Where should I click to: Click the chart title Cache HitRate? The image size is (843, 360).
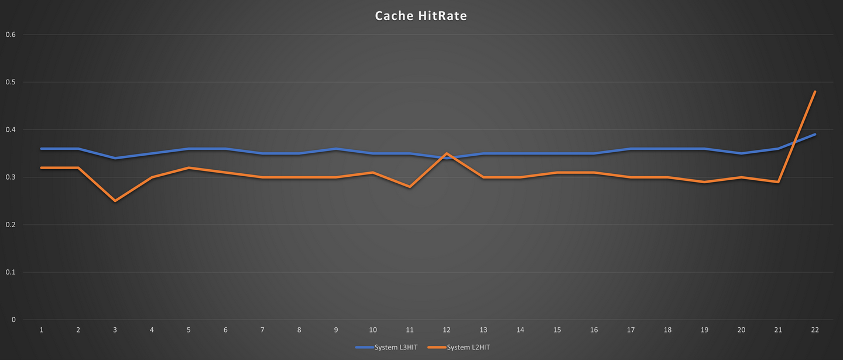pyautogui.click(x=421, y=16)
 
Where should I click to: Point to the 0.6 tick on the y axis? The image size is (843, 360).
pyautogui.click(x=10, y=35)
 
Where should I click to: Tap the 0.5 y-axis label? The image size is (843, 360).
pyautogui.click(x=10, y=82)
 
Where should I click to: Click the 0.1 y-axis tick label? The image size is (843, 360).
pyautogui.click(x=10, y=272)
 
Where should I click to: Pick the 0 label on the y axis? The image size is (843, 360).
pyautogui.click(x=13, y=320)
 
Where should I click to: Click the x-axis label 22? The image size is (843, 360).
pyautogui.click(x=815, y=330)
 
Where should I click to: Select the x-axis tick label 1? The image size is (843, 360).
pyautogui.click(x=41, y=330)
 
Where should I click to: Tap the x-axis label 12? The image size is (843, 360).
pyautogui.click(x=447, y=330)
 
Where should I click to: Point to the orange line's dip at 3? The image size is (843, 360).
pyautogui.click(x=115, y=201)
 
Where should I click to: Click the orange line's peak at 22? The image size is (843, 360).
pyautogui.click(x=815, y=92)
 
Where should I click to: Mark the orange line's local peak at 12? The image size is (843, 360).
pyautogui.click(x=447, y=153)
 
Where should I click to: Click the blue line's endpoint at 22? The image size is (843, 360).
pyautogui.click(x=815, y=135)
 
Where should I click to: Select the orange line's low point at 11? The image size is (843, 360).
pyautogui.click(x=410, y=187)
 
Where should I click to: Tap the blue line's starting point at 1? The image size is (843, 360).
pyautogui.click(x=41, y=149)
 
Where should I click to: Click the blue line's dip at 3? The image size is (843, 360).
pyautogui.click(x=115, y=158)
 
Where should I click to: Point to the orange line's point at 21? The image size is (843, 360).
pyautogui.click(x=778, y=182)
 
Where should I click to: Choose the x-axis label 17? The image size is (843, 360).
pyautogui.click(x=630, y=330)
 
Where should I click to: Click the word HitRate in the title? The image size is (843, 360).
pyautogui.click(x=443, y=16)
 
